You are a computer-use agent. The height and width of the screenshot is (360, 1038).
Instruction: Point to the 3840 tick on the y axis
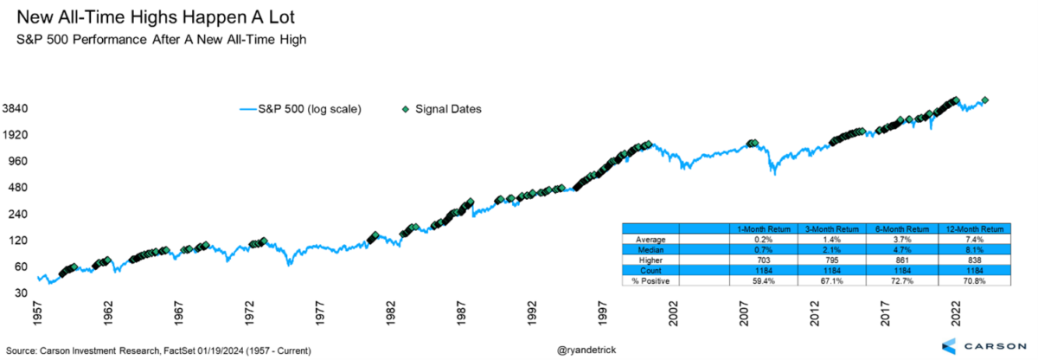17,109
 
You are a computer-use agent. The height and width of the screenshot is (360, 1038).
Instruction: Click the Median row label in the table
650,248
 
